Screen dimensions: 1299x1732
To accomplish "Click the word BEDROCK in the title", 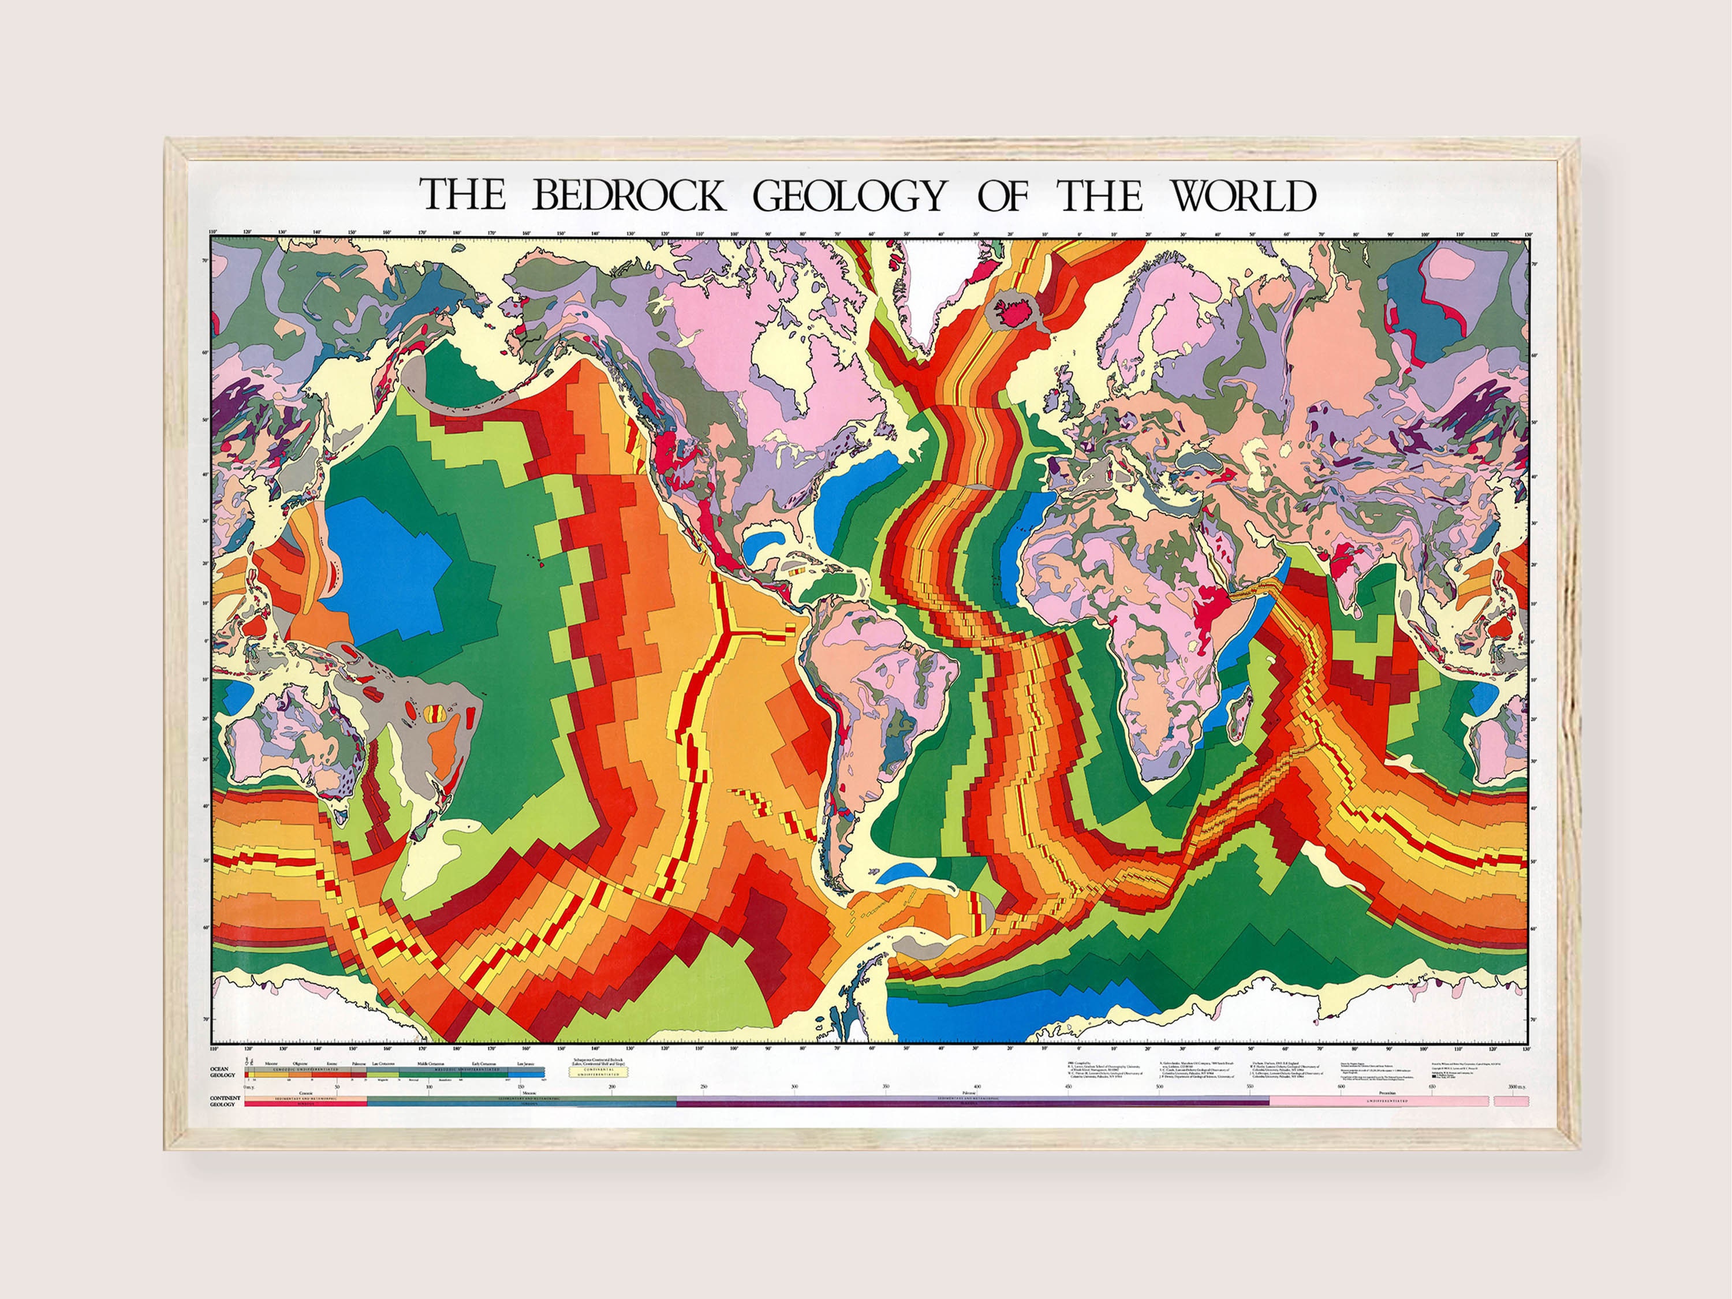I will click(628, 196).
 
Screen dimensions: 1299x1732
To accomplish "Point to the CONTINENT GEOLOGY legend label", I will click(222, 1101).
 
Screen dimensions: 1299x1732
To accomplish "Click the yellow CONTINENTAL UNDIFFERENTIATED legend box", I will click(599, 1072).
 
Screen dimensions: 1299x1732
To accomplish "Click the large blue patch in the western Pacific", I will click(384, 563).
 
